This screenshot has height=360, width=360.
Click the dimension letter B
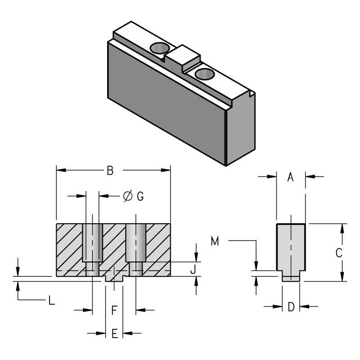109,171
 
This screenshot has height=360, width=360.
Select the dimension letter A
291,177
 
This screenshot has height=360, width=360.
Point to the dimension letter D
291,307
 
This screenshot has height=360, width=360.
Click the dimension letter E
114,333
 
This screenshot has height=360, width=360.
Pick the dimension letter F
114,310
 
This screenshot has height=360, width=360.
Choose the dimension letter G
140,196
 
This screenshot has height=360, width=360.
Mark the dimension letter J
192,269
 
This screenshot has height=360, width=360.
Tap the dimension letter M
215,242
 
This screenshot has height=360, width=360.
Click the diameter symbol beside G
127,196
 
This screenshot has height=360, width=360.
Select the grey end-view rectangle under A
291,247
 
